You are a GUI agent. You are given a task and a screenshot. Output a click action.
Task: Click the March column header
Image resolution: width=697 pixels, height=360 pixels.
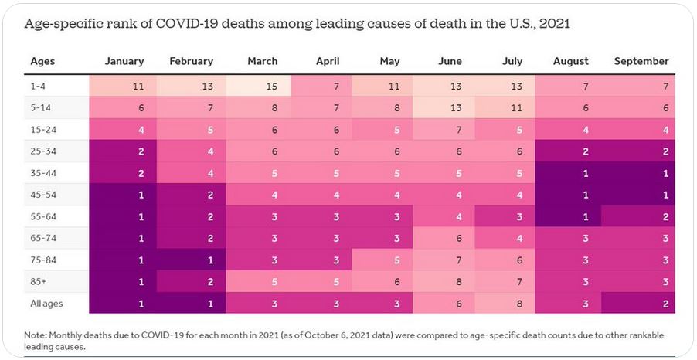click(x=263, y=61)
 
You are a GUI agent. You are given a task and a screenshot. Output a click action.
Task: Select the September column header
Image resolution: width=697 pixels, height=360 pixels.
click(x=641, y=61)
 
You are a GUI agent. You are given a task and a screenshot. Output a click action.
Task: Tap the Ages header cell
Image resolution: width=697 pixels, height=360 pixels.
click(x=42, y=61)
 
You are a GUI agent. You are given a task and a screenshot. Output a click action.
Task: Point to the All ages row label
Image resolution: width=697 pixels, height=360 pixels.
click(x=46, y=303)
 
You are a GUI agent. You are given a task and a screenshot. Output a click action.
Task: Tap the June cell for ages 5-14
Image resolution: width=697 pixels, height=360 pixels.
click(x=445, y=107)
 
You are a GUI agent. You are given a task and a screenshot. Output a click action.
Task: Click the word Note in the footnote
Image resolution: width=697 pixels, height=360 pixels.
click(x=36, y=335)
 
